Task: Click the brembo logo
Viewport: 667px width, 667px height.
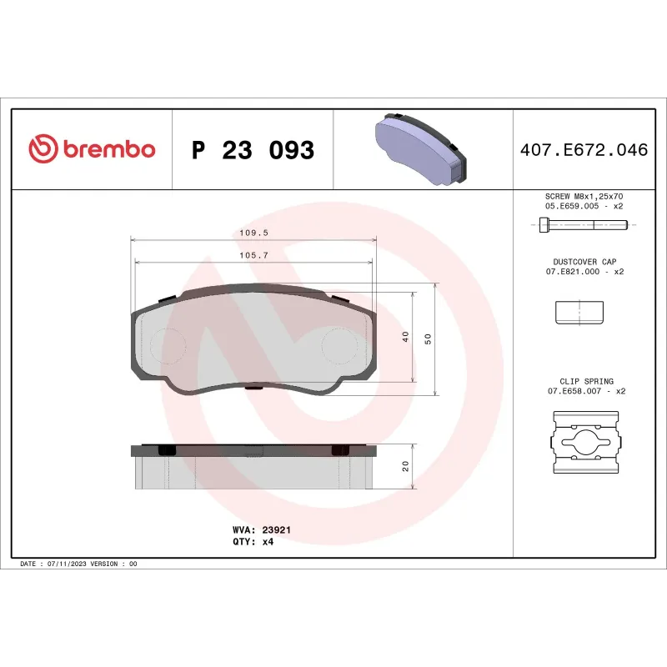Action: tap(92, 149)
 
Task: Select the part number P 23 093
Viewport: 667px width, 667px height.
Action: tap(253, 150)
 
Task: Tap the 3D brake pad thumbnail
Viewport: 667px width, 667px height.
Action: tap(422, 148)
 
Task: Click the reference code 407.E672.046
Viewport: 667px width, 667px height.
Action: tap(583, 150)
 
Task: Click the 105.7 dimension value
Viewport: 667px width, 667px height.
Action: tap(253, 256)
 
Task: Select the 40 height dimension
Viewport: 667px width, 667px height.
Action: tap(405, 337)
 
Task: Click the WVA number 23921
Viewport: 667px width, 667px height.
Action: tap(275, 529)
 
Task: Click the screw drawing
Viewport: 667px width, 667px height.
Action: tap(584, 224)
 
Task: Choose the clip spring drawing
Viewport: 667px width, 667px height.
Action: tap(584, 443)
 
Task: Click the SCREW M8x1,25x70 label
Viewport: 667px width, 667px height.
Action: tap(584, 196)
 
